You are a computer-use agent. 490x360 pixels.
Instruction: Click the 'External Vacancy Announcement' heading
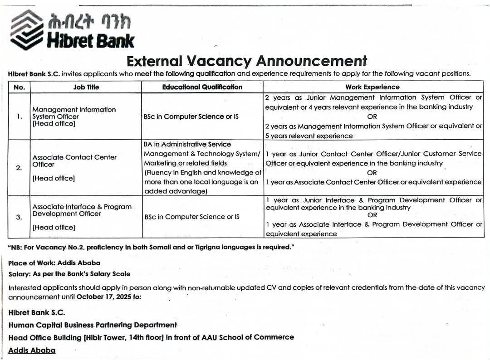(x=246, y=61)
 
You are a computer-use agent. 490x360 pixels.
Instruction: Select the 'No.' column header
(x=20, y=87)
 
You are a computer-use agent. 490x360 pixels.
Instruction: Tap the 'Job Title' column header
(x=86, y=87)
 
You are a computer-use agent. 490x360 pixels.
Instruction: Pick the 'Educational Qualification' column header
(x=202, y=87)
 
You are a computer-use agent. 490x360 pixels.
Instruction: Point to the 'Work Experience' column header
(x=372, y=87)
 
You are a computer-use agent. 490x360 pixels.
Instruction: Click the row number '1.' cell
(x=20, y=117)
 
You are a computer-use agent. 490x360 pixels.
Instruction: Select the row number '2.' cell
(x=19, y=168)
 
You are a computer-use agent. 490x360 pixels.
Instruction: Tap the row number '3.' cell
(x=19, y=217)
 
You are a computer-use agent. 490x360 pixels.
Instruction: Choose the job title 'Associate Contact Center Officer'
(x=74, y=161)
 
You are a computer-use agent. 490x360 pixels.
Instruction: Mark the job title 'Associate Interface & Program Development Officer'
(x=82, y=210)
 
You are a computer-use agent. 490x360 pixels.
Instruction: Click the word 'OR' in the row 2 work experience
(x=372, y=173)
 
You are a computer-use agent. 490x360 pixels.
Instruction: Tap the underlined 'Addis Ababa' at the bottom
(x=32, y=350)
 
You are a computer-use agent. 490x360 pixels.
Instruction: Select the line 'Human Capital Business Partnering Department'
(x=93, y=325)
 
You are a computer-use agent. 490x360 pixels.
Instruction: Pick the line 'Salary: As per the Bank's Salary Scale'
(x=69, y=274)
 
